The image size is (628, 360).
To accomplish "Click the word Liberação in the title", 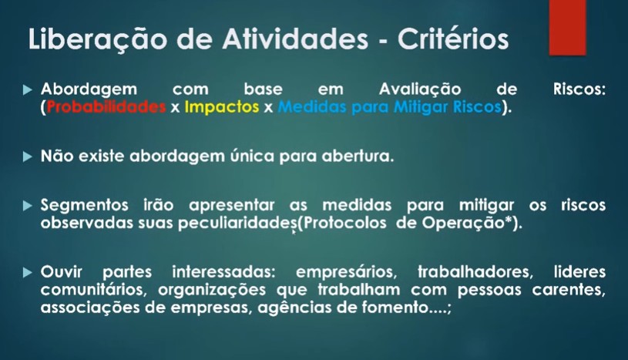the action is [x=97, y=40].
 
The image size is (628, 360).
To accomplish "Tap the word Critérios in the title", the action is [x=453, y=39].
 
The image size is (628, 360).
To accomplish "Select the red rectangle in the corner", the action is [x=567, y=27].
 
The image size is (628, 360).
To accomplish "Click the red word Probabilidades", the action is [x=106, y=106].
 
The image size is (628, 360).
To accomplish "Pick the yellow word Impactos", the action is [x=222, y=107].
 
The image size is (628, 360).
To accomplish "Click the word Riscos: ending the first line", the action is [x=579, y=89].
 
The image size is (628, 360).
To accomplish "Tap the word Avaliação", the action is [x=420, y=89].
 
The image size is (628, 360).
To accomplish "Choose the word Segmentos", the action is [x=85, y=206].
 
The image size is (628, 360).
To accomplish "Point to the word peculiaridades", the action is [x=238, y=224].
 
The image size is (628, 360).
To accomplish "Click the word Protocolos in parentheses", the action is [x=345, y=223].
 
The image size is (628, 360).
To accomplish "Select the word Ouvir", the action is [x=62, y=272].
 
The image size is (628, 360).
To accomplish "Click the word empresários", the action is [x=347, y=273].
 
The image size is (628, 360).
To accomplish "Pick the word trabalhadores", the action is [x=475, y=273].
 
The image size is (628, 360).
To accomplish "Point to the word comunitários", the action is [x=94, y=290].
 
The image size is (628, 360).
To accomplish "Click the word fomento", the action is [x=395, y=308].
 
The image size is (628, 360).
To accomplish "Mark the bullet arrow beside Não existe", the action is [x=28, y=156].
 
